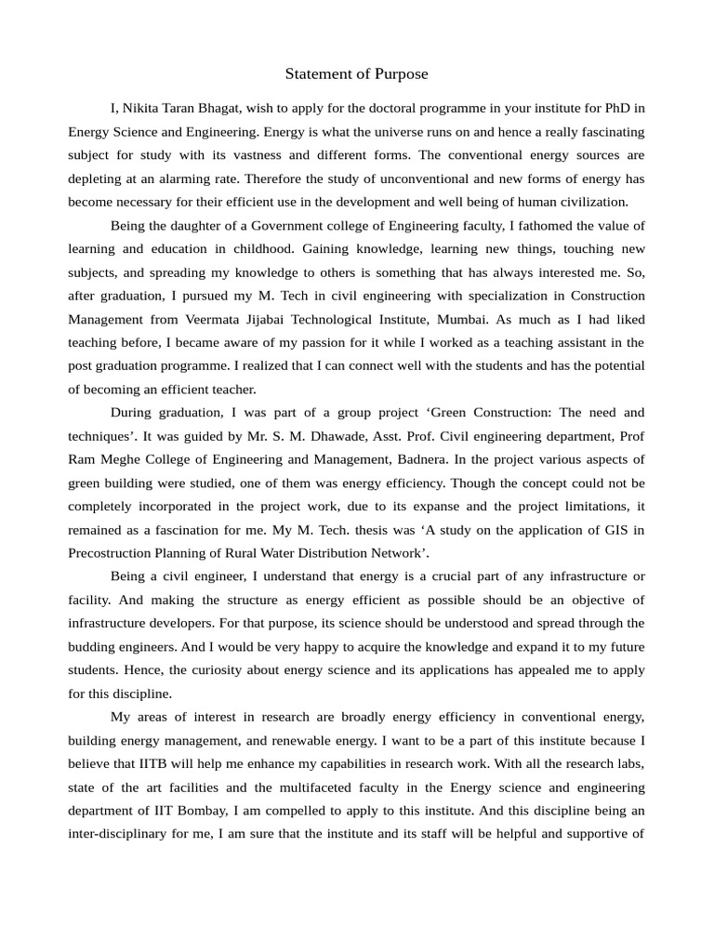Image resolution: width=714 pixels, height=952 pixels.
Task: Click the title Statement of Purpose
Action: pos(356,73)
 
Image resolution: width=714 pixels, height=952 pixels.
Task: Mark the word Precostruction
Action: pos(112,552)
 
